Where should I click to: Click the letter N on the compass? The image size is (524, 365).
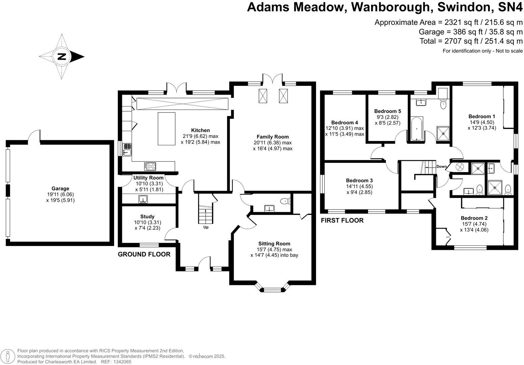(x=62, y=56)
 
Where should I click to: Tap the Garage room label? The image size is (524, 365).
(x=60, y=189)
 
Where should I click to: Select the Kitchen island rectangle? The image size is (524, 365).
(x=166, y=129)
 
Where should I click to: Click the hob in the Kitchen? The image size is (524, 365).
(x=150, y=166)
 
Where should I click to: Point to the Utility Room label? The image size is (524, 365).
(x=148, y=178)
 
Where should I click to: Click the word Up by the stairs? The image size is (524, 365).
(x=206, y=227)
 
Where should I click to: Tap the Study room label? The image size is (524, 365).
(x=147, y=217)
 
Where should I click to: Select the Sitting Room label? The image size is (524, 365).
(x=274, y=244)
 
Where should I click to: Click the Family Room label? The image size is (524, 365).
(x=272, y=137)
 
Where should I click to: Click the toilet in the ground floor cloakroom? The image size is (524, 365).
(x=285, y=201)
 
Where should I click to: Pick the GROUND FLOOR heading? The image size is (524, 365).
(x=144, y=254)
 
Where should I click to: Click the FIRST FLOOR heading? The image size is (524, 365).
(x=342, y=221)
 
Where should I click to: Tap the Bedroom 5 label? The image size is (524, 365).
(x=388, y=111)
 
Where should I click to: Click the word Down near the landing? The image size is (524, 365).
(x=441, y=167)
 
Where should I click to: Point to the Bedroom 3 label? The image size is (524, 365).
(x=359, y=180)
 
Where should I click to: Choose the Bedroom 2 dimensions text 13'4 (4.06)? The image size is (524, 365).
(x=474, y=230)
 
